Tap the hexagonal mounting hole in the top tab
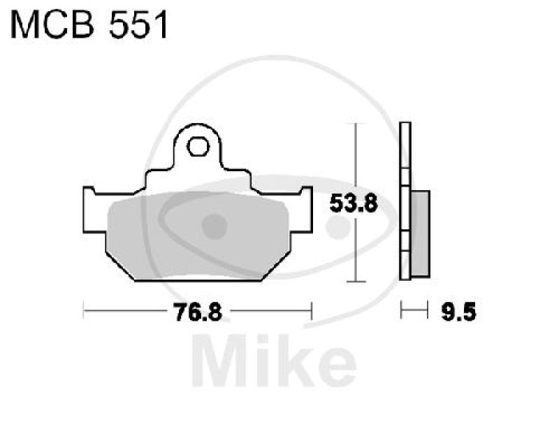[x=198, y=148]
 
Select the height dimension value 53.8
[x=353, y=205]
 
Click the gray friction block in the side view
[x=421, y=232]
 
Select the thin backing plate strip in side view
[x=404, y=203]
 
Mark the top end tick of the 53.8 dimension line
[x=356, y=124]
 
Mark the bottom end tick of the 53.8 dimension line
[x=356, y=282]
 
